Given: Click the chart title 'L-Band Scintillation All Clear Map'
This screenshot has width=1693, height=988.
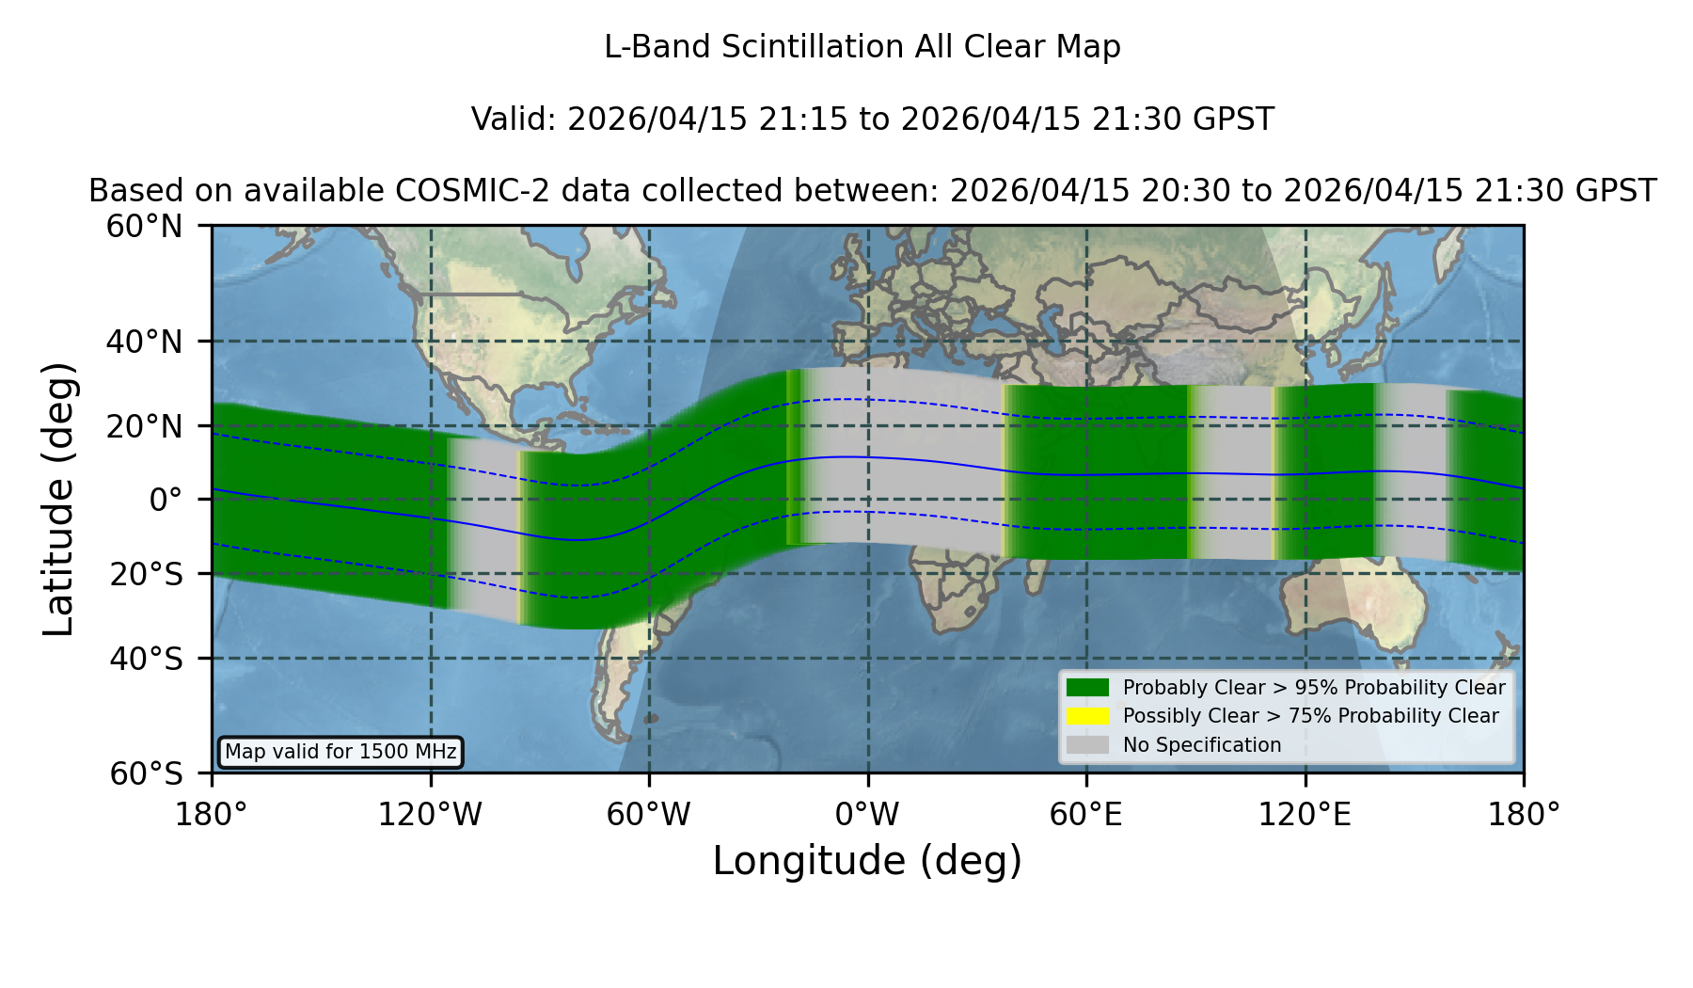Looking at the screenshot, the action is pos(862,47).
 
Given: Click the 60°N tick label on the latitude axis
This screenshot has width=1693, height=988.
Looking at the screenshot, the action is pos(144,227).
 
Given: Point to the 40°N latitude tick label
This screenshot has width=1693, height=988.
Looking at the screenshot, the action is pos(144,342).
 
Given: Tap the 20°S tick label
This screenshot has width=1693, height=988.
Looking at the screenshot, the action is pos(146,574).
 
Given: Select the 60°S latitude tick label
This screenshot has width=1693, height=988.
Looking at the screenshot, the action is pos(146,773).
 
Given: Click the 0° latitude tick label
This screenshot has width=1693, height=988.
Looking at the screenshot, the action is pos(166,500).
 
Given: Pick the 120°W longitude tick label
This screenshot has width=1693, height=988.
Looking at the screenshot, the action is pos(430,814).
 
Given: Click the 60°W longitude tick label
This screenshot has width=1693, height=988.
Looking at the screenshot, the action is pos(649,814).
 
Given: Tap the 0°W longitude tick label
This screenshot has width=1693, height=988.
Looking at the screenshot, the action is pos(867,814).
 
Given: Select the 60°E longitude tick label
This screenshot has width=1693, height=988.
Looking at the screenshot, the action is pos(1085,814).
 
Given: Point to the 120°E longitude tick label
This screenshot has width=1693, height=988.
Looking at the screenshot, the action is pos(1305,814).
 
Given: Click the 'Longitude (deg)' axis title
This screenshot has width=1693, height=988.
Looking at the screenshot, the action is pos(867,861).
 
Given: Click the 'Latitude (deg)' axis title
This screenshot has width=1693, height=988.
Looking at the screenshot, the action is pos(58,499).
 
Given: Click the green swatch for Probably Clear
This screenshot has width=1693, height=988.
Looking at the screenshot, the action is pos(1087,687).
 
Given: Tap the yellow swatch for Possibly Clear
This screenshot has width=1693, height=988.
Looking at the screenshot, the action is pos(1087,716).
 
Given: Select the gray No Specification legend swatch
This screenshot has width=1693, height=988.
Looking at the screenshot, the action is pos(1087,745).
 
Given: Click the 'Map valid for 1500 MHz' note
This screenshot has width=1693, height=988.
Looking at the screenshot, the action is pos(340,752).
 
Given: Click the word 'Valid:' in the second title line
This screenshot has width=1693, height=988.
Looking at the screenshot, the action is pos(514,120).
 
